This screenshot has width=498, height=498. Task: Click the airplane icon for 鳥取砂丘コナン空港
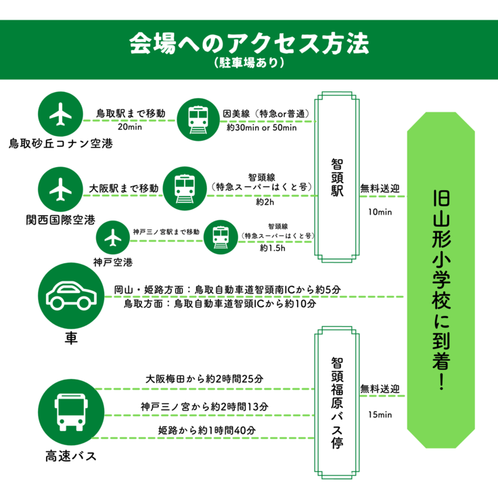point(62,114)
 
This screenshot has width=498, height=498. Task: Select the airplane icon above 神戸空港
point(113,237)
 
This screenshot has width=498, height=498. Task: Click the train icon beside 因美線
point(198,120)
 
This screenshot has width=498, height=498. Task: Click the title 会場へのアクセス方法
point(249,44)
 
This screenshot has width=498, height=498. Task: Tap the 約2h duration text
point(265,202)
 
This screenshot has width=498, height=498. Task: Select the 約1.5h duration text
point(273,248)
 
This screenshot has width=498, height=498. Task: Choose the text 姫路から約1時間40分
point(207,431)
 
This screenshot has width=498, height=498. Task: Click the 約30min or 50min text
point(261,128)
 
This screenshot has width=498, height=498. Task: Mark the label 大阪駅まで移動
point(124,187)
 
